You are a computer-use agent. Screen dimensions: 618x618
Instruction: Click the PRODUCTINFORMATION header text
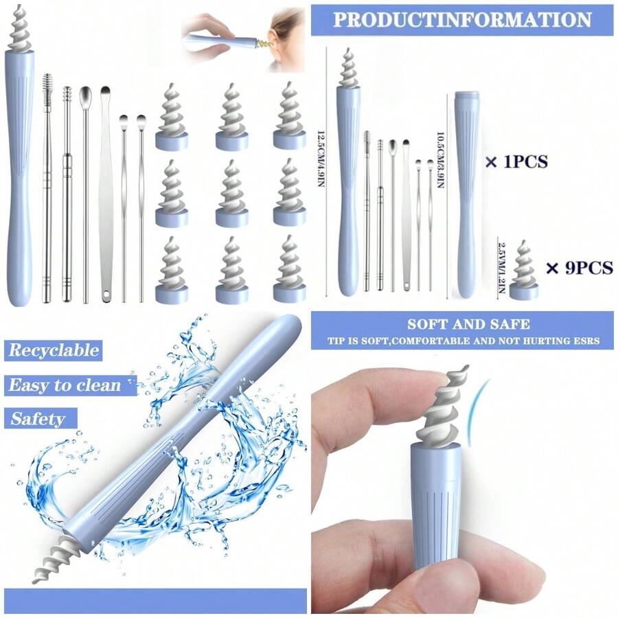coord(462,19)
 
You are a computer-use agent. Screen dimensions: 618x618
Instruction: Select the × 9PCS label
coord(578,268)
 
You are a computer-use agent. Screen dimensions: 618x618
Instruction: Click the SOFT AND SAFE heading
coord(459,324)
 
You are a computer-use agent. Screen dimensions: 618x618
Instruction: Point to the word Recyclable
coord(53,350)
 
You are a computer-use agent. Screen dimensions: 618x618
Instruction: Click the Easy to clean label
coord(64,385)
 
